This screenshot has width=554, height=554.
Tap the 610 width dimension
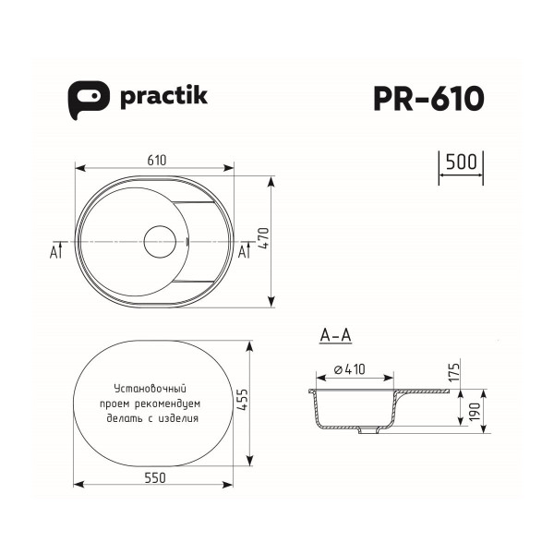coord(158,161)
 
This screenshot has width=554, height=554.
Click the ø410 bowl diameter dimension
coord(348,369)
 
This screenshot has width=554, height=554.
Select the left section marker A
coord(54,251)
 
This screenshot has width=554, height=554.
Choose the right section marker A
coord(244,251)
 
